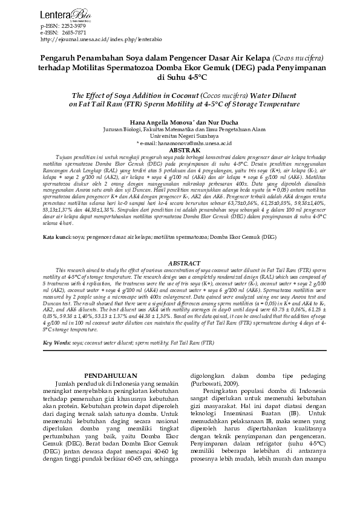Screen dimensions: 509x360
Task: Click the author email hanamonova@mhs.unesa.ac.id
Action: (x=185, y=142)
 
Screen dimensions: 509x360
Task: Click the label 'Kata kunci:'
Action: (x=57, y=238)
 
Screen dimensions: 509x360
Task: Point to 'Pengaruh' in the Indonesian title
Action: (x=61, y=57)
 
